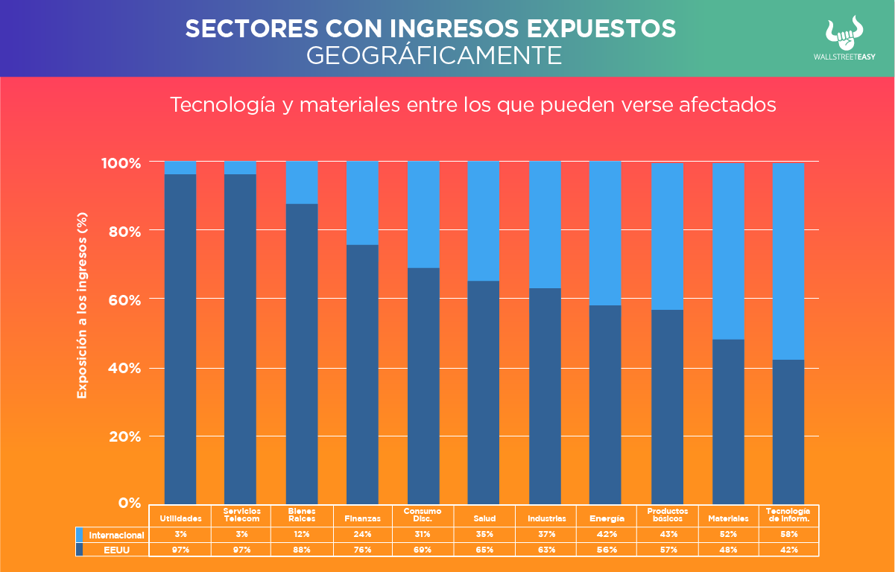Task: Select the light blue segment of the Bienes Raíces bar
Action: click(302, 182)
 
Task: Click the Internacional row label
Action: click(116, 535)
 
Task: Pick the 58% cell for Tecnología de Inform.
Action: click(788, 534)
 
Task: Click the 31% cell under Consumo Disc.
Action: click(423, 534)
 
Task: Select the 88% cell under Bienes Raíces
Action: click(301, 550)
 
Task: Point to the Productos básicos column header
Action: click(666, 515)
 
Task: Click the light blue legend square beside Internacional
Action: click(79, 535)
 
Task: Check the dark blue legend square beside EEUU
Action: click(79, 550)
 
